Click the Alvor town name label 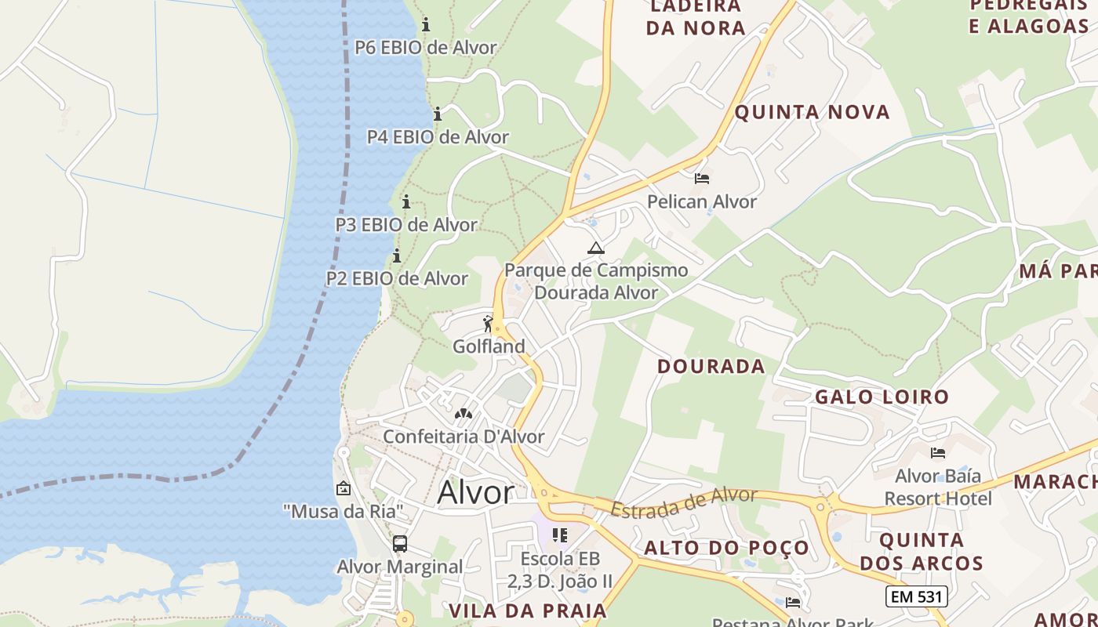pos(475,492)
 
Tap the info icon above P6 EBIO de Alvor pos(426,24)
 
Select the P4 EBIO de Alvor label pos(438,136)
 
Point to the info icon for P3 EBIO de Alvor pos(406,201)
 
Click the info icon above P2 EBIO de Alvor pos(397,256)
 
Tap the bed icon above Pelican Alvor pos(702,179)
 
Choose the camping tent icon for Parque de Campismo pos(596,248)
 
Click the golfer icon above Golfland pos(489,323)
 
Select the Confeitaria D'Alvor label pos(463,437)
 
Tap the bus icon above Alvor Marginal pos(399,543)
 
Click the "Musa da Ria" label pos(344,512)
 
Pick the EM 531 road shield pos(917,596)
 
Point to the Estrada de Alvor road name pos(684,502)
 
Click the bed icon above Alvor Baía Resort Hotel pos(937,453)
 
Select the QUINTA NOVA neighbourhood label pos(812,112)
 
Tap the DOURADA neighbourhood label pos(711,366)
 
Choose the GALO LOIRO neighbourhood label pos(882,397)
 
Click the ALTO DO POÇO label pos(726,548)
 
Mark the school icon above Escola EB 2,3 pos(559,535)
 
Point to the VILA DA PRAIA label pos(528,611)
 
